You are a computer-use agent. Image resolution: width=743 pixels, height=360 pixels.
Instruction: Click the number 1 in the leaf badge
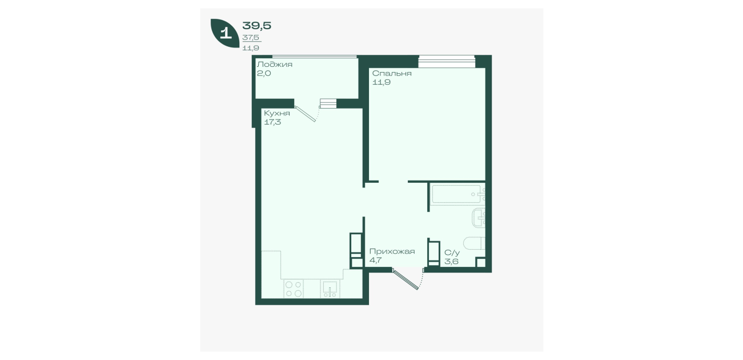point(226,33)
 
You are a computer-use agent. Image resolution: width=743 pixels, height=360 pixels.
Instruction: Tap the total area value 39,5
point(257,26)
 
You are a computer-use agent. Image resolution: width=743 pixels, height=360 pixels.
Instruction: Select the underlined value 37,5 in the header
point(251,38)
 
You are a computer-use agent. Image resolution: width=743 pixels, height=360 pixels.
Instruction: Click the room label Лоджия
point(275,65)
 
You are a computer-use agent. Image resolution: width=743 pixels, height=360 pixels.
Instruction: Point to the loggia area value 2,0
point(264,73)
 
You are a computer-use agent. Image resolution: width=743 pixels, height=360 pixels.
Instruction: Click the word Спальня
point(392,73)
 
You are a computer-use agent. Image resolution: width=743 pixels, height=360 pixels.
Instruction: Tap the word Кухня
point(277,113)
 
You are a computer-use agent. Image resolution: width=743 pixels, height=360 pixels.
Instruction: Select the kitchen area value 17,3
point(272,122)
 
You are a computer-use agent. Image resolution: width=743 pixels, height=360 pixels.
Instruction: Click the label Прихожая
point(392,251)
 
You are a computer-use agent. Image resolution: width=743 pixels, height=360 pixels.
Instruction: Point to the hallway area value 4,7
point(375,261)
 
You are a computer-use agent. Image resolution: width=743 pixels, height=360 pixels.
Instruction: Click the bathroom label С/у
point(452,253)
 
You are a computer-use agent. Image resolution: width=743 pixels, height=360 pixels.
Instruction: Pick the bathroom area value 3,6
point(451,262)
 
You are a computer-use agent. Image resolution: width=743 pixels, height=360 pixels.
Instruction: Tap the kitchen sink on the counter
point(330,289)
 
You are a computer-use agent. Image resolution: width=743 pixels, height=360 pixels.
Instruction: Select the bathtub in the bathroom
point(456,194)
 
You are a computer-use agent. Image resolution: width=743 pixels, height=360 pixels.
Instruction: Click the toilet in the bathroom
point(475,243)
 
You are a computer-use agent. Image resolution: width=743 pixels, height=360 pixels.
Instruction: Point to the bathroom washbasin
point(479,218)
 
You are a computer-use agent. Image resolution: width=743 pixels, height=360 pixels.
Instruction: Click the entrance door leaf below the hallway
point(405,279)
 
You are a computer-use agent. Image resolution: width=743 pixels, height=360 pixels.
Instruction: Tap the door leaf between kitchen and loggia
point(305,114)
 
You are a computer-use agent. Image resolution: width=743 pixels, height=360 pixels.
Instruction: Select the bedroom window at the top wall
point(447,61)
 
